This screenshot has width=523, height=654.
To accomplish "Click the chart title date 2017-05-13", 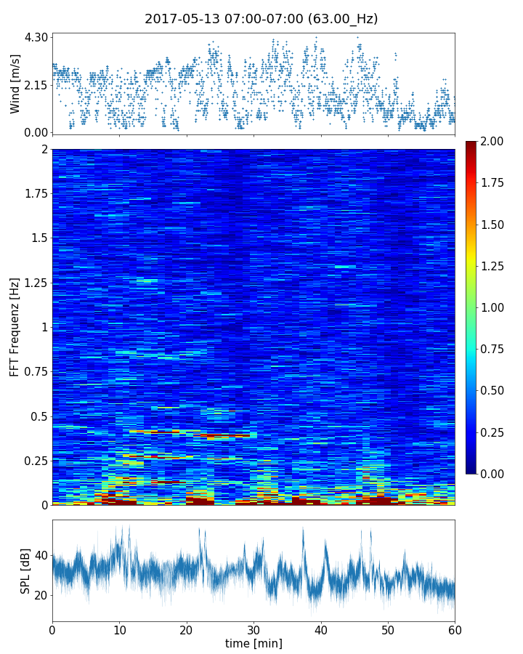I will [180, 19].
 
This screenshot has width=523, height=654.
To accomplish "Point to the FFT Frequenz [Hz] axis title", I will [15, 326].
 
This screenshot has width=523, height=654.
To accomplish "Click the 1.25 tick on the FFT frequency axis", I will [33, 283].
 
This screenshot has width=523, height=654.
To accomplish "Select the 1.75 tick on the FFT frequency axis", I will [33, 194].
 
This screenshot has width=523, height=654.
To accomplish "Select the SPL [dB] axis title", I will [25, 570].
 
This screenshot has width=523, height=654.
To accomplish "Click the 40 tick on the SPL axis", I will [41, 556].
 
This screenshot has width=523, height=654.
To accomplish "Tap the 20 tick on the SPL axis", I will [41, 596].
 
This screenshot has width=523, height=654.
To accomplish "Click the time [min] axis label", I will [254, 643].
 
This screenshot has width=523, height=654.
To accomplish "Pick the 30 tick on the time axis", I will [254, 629].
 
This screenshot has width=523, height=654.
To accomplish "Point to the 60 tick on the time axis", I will [455, 629].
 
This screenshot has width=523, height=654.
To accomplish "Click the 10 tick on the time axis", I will [119, 629].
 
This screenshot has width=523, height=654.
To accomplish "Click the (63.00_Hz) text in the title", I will [338, 19].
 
